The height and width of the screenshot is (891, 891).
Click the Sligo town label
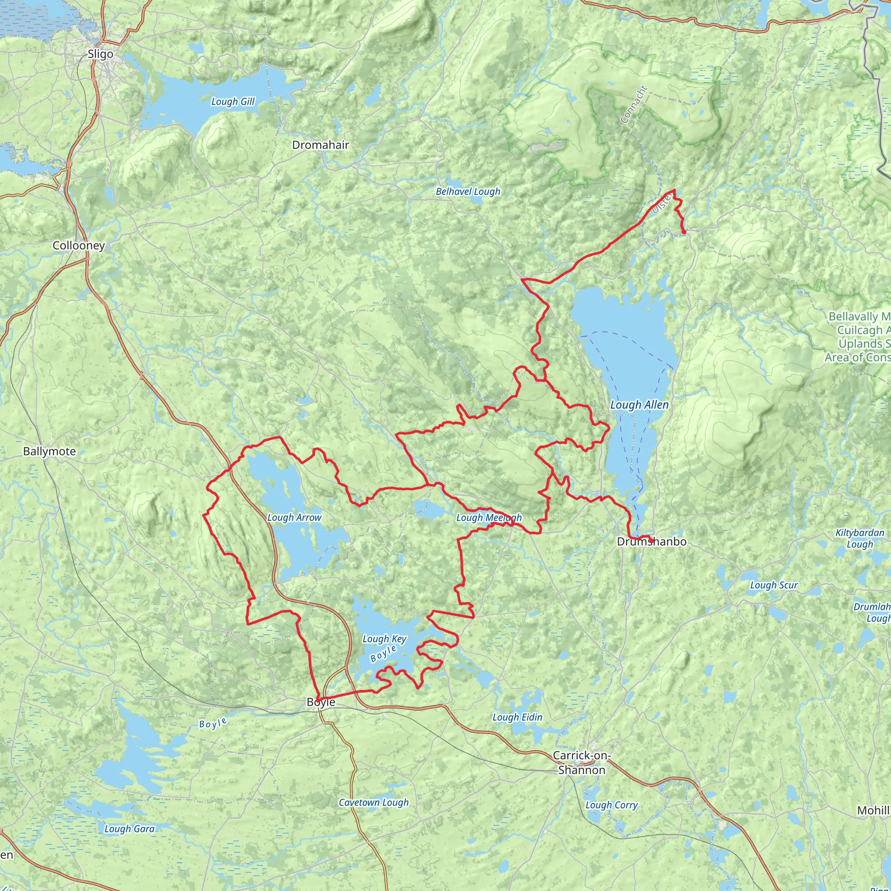[x=100, y=54]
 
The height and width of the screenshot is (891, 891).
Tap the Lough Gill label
[x=232, y=101]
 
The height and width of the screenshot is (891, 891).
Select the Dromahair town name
[x=320, y=145]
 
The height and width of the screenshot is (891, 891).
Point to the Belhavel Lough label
[x=468, y=191]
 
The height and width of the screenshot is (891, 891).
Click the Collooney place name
[x=78, y=245]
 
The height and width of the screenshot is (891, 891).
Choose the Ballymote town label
[x=49, y=451]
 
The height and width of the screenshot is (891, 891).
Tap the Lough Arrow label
[x=294, y=517]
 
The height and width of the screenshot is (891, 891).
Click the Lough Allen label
[x=639, y=405]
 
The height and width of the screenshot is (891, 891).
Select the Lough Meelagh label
[x=489, y=517]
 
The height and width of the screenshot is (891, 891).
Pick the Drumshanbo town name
[x=651, y=541]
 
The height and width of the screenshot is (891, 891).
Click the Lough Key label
[x=384, y=639]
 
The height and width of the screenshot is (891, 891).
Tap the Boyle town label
[x=321, y=702]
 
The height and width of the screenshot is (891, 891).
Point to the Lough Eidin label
[x=517, y=717]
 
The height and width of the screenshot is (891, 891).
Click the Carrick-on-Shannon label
[x=582, y=763]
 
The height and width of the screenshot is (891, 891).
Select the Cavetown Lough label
[x=374, y=802]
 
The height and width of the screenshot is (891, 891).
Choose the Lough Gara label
[x=129, y=829]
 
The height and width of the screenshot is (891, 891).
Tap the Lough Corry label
[x=611, y=805]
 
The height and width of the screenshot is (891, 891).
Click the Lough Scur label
[x=774, y=585]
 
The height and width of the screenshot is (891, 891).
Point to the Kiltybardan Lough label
[x=860, y=538]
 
